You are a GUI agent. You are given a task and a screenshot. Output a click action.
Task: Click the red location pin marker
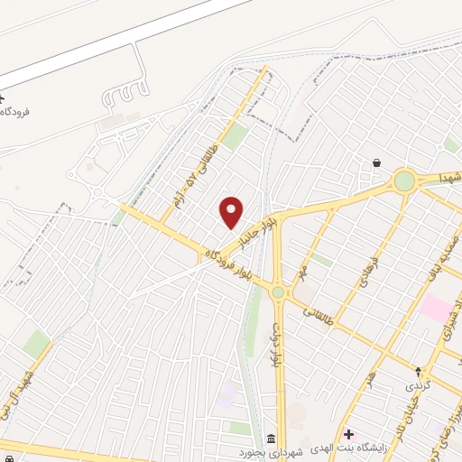click(232, 212)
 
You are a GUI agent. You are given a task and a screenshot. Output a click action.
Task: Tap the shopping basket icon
click(375, 163)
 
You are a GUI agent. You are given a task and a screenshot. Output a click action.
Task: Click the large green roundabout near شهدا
click(404, 180)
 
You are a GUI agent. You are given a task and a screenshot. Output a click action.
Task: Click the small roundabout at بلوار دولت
click(278, 291)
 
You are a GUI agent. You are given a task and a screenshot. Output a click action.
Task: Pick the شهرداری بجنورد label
click(270, 451)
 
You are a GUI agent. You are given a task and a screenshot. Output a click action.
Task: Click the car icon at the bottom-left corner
click(7, 458)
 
